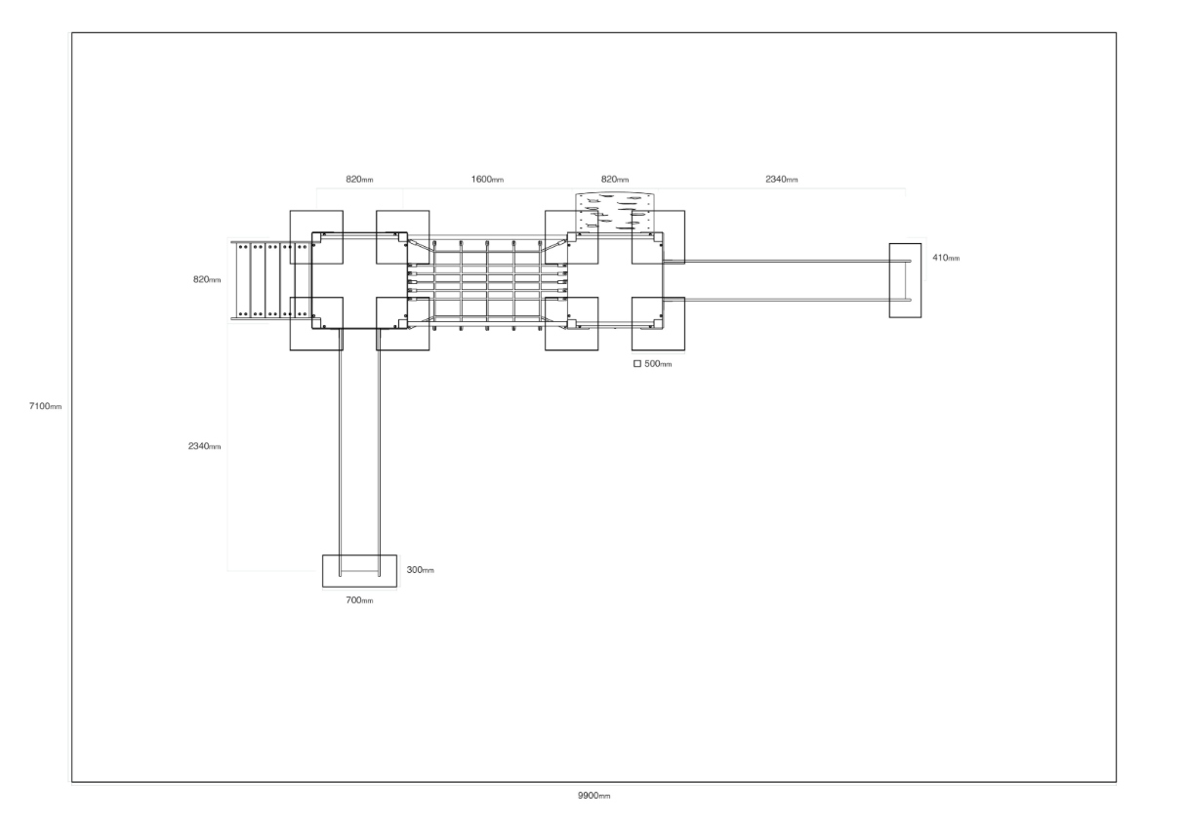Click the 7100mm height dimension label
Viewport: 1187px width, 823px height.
pyautogui.click(x=45, y=406)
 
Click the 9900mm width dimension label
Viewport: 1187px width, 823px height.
pyautogui.click(x=593, y=796)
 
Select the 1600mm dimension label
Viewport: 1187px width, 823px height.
pyautogui.click(x=487, y=179)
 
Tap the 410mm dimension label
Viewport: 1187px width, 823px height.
pyautogui.click(x=946, y=258)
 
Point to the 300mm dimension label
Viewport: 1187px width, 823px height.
pyautogui.click(x=420, y=570)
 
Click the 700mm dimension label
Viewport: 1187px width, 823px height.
pyautogui.click(x=359, y=599)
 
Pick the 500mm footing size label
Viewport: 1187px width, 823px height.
pyautogui.click(x=658, y=364)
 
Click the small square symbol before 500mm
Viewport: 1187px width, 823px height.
pyautogui.click(x=637, y=363)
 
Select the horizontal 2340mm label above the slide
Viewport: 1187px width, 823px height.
pyautogui.click(x=781, y=179)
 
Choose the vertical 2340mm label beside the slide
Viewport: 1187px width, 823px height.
pyautogui.click(x=204, y=446)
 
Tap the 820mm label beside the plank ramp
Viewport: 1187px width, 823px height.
pyautogui.click(x=207, y=279)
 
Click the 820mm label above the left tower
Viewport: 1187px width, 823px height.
pyautogui.click(x=359, y=179)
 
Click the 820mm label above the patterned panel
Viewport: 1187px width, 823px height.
pyautogui.click(x=615, y=179)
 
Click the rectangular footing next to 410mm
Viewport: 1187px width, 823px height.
pyautogui.click(x=905, y=280)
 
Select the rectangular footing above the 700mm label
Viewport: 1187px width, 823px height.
pyautogui.click(x=359, y=571)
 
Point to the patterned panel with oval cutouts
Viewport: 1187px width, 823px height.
pyautogui.click(x=615, y=213)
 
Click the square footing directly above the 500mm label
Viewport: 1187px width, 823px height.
pyautogui.click(x=658, y=324)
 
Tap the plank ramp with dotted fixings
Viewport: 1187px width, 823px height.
pyautogui.click(x=271, y=281)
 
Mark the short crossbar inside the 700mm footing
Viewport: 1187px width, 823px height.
pyautogui.click(x=359, y=571)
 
